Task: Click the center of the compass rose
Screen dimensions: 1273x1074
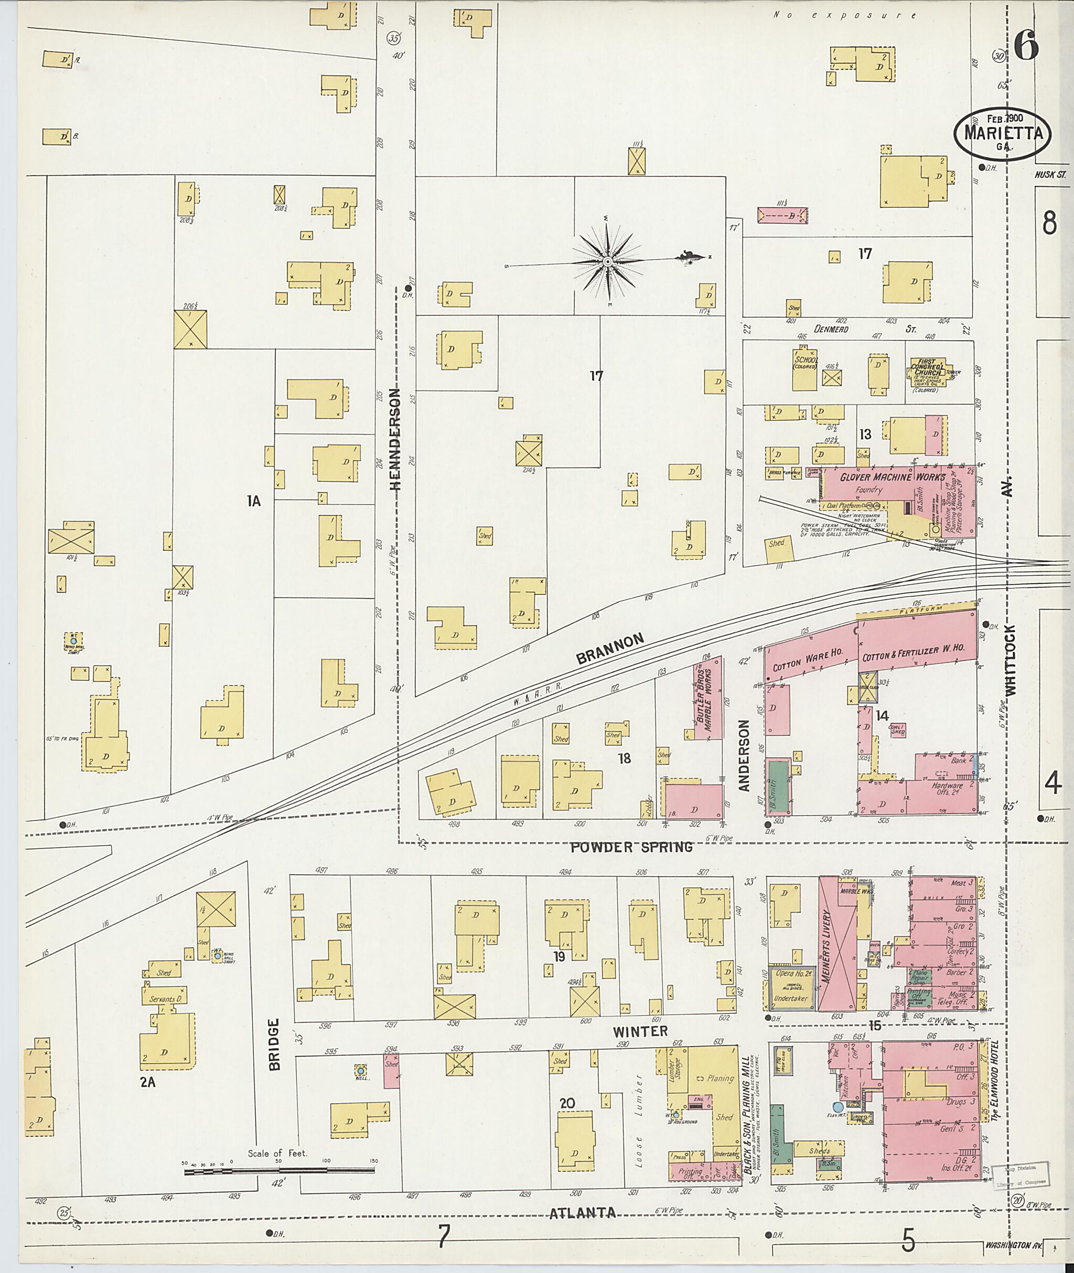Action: click(607, 261)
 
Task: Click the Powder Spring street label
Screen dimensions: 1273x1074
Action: click(631, 847)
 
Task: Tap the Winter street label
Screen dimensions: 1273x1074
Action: click(640, 1031)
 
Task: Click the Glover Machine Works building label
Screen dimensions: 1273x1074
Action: click(892, 477)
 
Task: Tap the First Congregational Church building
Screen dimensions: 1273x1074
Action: click(927, 371)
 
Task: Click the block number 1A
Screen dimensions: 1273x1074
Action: click(254, 501)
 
